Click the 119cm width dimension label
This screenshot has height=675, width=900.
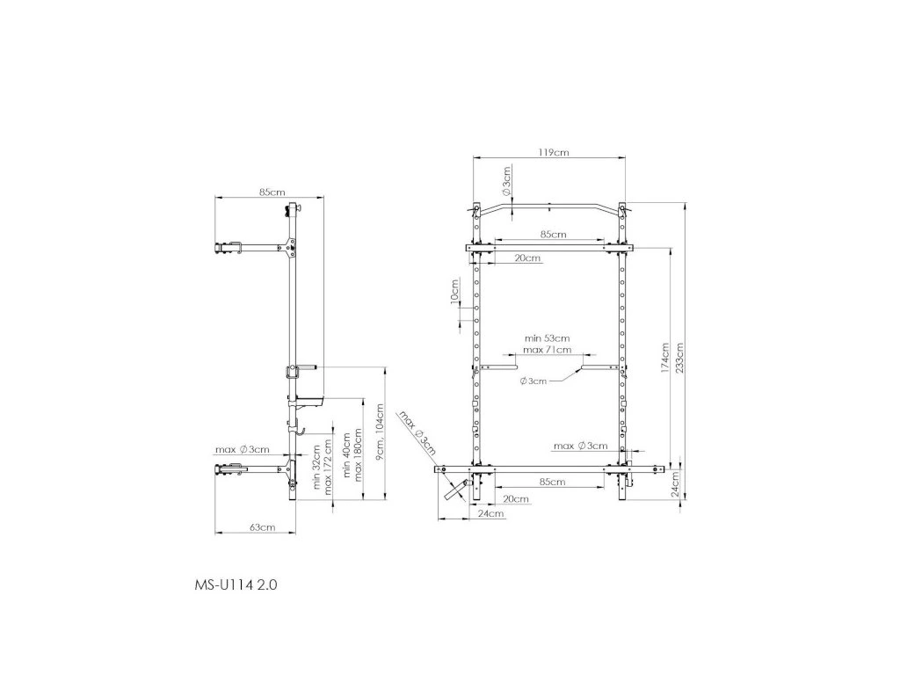click(x=554, y=153)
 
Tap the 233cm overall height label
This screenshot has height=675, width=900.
click(x=680, y=359)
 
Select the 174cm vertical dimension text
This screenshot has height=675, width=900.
click(x=665, y=359)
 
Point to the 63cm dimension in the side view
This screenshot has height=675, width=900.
click(x=262, y=527)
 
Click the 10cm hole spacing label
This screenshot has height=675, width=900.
click(x=454, y=291)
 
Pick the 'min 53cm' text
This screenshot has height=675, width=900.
click(x=547, y=338)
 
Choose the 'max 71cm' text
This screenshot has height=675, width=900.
click(x=547, y=350)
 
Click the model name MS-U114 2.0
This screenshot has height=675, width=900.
click(x=236, y=584)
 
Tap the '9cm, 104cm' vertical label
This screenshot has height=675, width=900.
click(x=380, y=432)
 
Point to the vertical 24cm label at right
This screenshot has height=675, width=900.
click(x=675, y=484)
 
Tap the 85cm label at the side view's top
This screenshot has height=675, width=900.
click(x=272, y=192)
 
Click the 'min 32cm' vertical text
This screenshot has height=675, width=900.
click(x=316, y=466)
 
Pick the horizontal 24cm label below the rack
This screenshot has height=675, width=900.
click(x=491, y=513)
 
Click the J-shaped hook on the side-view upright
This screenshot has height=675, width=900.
click(x=299, y=428)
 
